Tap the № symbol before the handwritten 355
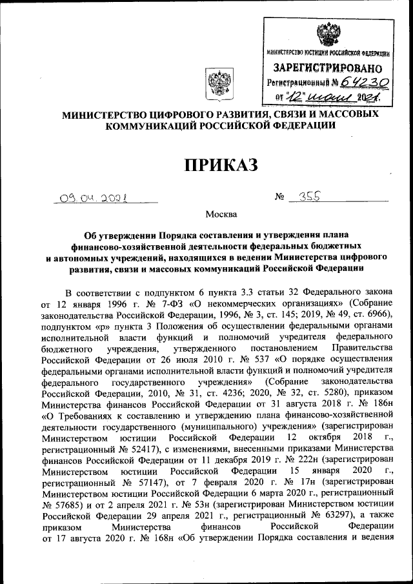279,200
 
